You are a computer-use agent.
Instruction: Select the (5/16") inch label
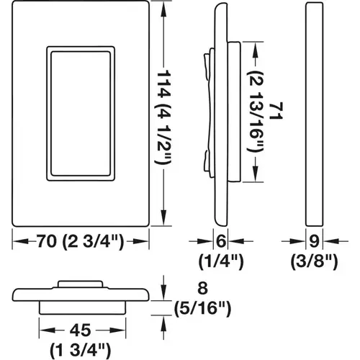[204, 310]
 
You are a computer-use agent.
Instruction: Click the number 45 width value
[78, 332]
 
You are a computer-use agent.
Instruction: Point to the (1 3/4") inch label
[78, 350]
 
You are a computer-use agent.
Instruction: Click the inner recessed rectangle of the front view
[79, 114]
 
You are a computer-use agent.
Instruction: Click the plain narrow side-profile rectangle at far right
[315, 114]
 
